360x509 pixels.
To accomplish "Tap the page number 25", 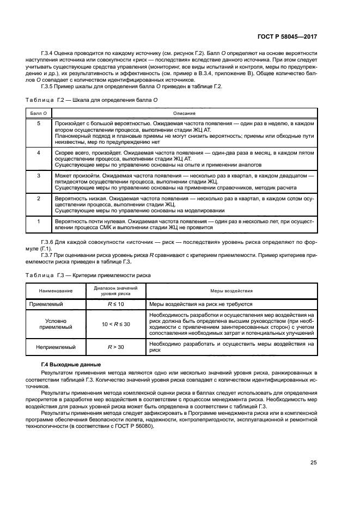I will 314,463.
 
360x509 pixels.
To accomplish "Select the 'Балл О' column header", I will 38,112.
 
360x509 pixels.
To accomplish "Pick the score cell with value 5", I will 38,124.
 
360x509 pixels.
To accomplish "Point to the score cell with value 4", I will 38,153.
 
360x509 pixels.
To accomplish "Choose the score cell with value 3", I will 38,176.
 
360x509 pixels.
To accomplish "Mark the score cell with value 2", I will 38,199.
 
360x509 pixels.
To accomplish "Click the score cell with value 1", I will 38,222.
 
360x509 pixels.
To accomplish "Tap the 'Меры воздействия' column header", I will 231,291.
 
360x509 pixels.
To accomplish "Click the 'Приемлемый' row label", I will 51,304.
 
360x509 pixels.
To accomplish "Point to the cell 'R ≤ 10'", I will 116,304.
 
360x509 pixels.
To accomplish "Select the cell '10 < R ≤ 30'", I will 116,324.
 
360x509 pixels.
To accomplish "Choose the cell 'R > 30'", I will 116,346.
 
